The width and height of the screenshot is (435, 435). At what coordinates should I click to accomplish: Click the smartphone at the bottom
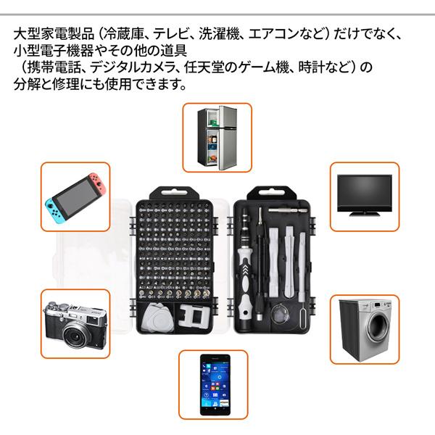tap(215, 384)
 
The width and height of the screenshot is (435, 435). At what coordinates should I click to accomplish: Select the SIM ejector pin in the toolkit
tap(300, 315)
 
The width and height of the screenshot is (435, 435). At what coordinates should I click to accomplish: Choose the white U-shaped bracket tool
tap(191, 315)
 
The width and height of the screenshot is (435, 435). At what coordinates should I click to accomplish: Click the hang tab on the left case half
tap(170, 193)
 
